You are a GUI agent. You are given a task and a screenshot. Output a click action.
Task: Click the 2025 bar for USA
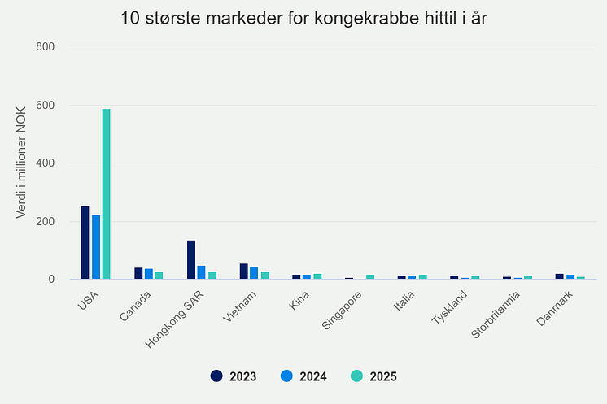107,194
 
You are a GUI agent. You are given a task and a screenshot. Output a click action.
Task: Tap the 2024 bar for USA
96,247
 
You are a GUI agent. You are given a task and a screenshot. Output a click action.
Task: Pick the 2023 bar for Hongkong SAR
191,260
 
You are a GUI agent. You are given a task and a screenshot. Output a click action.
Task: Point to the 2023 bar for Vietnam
244,272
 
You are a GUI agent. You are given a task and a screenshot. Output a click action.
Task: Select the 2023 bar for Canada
138,273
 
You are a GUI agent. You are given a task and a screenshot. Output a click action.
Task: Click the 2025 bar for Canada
159,276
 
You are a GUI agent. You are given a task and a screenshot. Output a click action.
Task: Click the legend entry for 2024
303,376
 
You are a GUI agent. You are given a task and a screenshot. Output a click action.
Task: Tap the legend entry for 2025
373,376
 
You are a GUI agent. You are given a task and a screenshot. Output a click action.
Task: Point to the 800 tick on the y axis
46,46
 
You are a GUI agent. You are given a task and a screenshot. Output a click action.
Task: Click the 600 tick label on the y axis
46,105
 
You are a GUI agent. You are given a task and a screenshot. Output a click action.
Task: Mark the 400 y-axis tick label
46,163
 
